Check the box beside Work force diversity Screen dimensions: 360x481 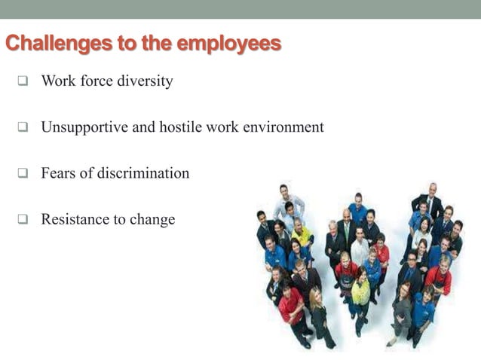tap(23, 81)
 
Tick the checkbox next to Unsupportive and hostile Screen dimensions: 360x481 tap(23, 127)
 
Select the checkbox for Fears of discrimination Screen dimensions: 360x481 tap(23, 174)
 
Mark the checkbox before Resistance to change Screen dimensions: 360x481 tap(23, 220)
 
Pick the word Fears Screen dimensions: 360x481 tap(59, 173)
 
